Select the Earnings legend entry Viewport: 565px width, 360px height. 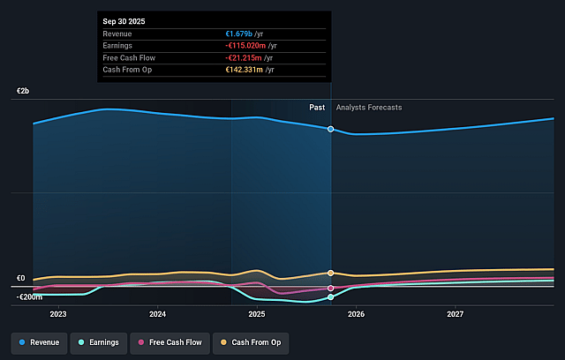point(100,341)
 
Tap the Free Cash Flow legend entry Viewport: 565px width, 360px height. point(168,341)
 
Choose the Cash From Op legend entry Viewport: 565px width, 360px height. point(251,341)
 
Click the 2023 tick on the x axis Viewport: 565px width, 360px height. point(58,314)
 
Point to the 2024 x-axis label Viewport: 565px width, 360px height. point(158,314)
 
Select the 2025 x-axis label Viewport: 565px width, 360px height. point(257,314)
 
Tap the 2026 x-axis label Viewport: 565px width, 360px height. point(357,314)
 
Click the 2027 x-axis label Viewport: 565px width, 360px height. point(456,314)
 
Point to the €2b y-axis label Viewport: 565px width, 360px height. point(22,92)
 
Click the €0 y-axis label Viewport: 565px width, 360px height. point(20,279)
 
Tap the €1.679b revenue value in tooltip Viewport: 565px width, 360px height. point(244,34)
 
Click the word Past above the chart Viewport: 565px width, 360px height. point(317,108)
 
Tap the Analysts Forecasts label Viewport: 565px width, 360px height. point(369,108)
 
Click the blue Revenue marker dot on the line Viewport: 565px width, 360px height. point(331,129)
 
